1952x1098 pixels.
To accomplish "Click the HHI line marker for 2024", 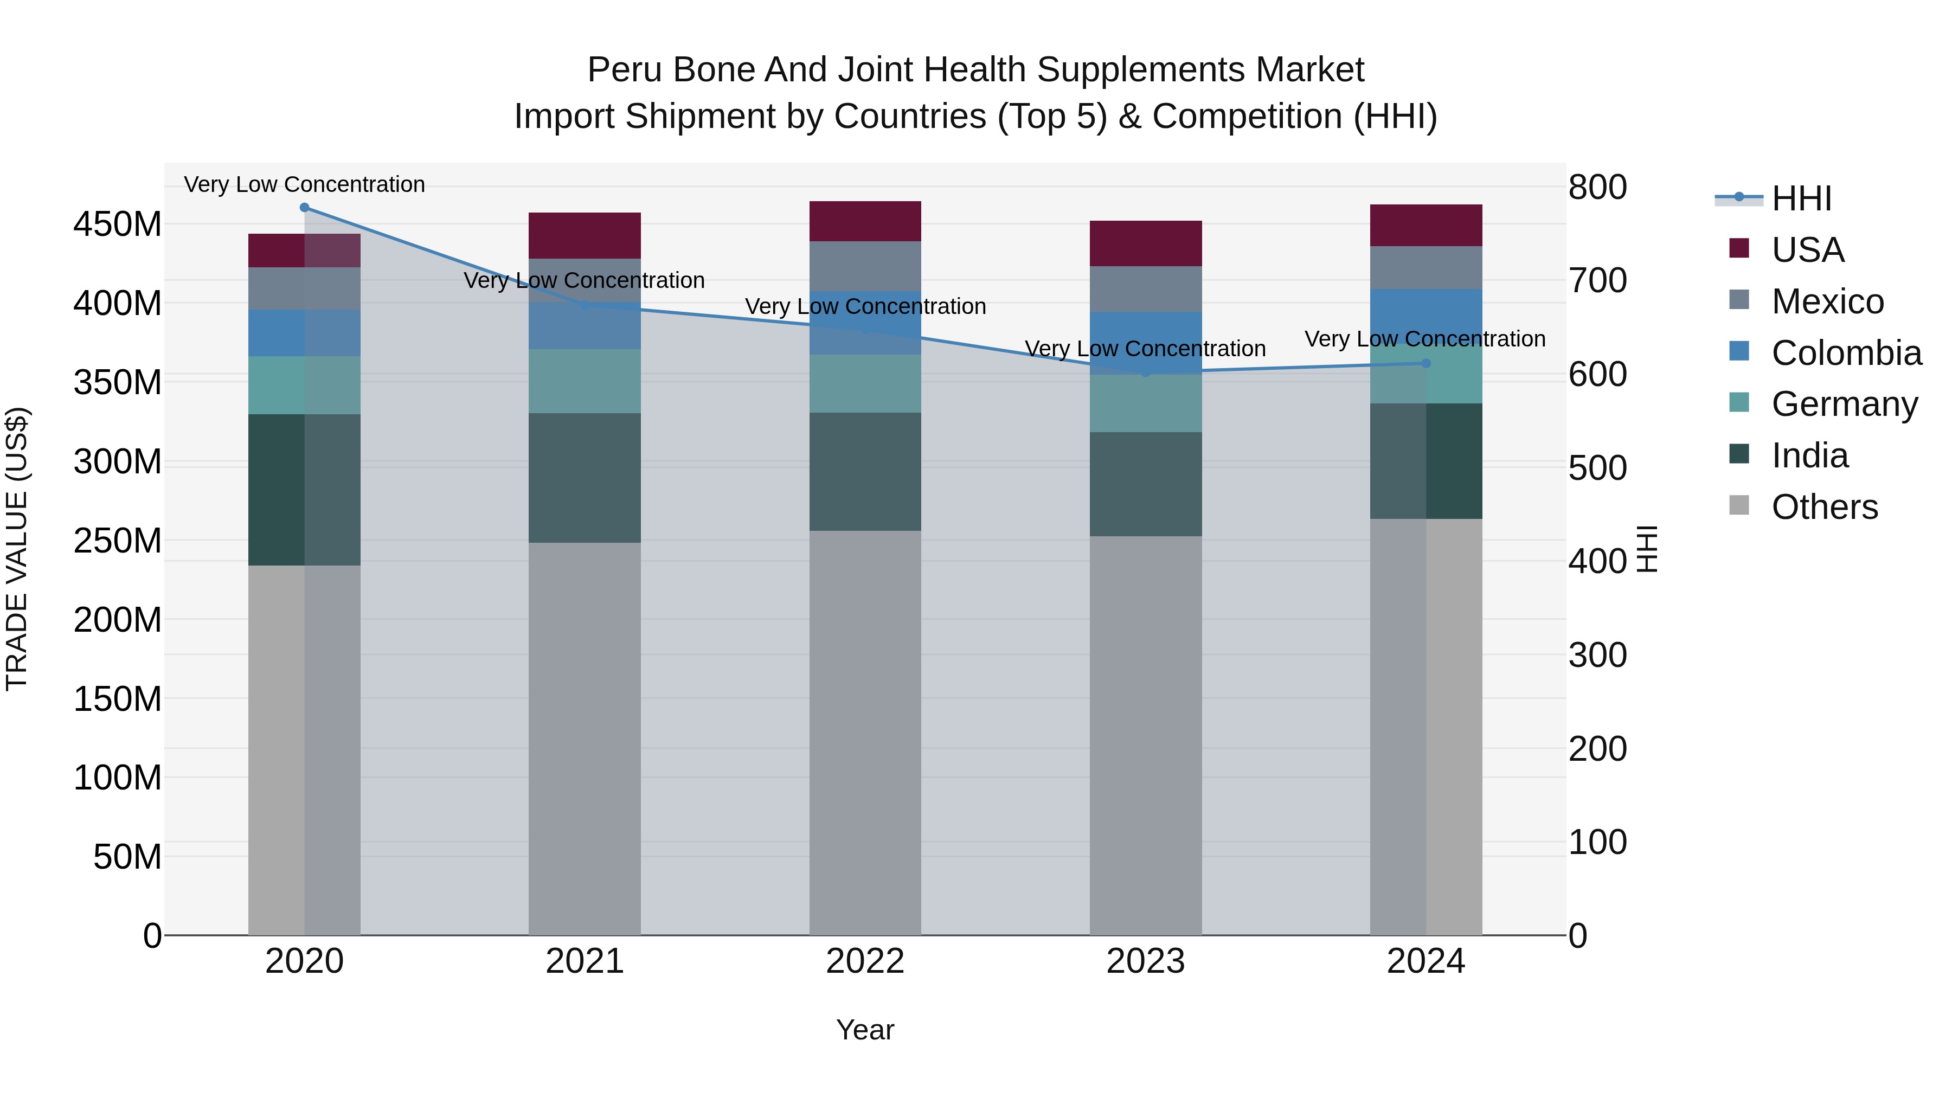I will (1426, 363).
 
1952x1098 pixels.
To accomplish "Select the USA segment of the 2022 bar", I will (865, 221).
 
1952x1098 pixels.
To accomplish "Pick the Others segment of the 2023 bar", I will (1145, 735).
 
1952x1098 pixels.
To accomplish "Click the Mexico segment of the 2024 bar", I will (1426, 267).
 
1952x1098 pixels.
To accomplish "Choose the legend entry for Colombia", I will (1846, 353).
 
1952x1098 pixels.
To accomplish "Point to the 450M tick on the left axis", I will (118, 224).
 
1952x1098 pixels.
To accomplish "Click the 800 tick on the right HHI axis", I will (1597, 187).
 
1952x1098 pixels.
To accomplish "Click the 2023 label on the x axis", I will (1145, 961).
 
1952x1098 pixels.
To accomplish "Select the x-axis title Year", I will (865, 1030).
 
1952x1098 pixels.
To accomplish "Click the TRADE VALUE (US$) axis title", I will (17, 549).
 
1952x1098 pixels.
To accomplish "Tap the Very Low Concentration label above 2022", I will (865, 306).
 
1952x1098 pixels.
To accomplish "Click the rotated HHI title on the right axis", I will (1647, 549).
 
